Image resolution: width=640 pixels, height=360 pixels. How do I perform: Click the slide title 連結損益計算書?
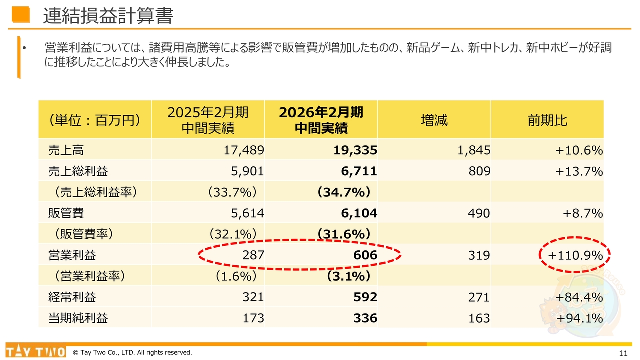108,16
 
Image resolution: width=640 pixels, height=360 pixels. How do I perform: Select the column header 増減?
434,120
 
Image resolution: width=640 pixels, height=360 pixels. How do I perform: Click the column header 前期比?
547,120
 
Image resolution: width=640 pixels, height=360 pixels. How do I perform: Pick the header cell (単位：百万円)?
94,120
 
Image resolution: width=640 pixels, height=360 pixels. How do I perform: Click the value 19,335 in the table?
355,150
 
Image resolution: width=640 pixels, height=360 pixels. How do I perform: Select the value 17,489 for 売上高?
243,150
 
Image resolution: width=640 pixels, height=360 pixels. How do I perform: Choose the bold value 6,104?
359,213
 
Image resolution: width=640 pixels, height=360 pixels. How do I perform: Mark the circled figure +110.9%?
575,255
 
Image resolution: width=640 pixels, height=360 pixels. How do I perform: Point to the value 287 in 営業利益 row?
253,255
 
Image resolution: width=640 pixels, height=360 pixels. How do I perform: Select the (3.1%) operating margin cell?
348,276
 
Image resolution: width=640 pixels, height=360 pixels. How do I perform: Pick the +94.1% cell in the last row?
579,318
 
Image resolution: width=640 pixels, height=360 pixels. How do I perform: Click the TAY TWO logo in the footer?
36,351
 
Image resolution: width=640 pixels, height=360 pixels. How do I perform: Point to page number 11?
623,353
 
